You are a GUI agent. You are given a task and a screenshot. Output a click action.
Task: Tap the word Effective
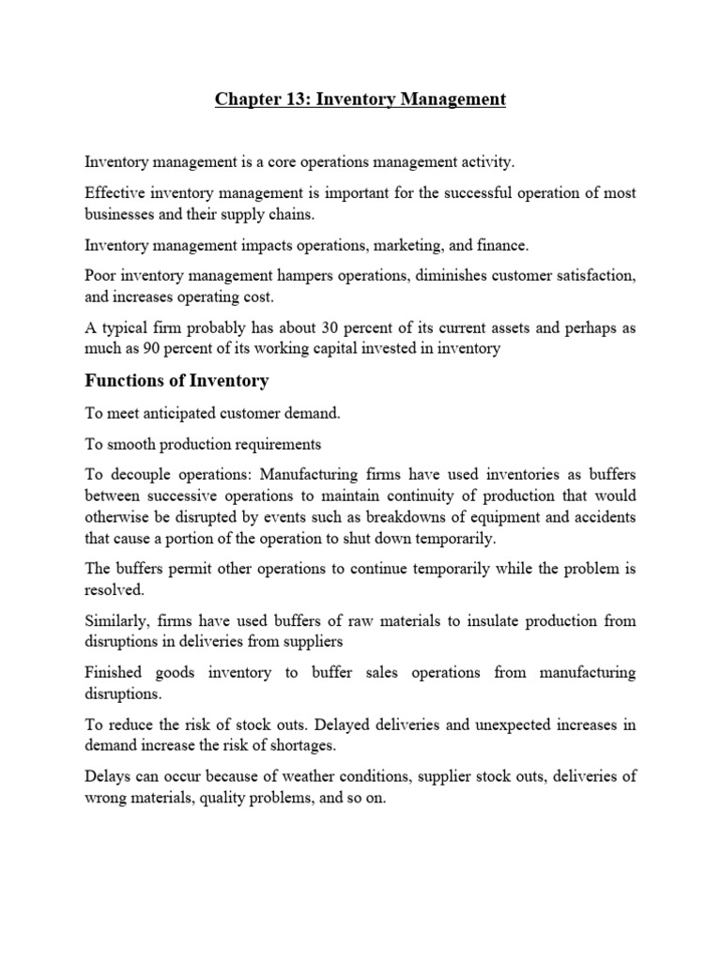tap(114, 192)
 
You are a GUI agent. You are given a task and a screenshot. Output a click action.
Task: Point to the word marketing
tap(406, 246)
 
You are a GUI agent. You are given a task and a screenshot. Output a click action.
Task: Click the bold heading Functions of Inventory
tap(176, 381)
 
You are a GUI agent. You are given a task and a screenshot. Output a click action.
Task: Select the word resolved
tap(115, 590)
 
